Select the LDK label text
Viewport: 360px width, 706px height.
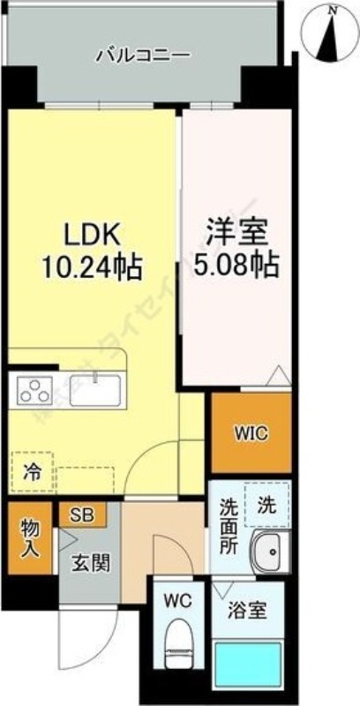[x=92, y=237]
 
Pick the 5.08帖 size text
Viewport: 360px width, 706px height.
[x=236, y=263]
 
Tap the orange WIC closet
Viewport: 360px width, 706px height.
[x=251, y=433]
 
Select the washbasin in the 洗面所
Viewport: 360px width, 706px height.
[x=268, y=552]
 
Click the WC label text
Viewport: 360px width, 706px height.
[x=178, y=601]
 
